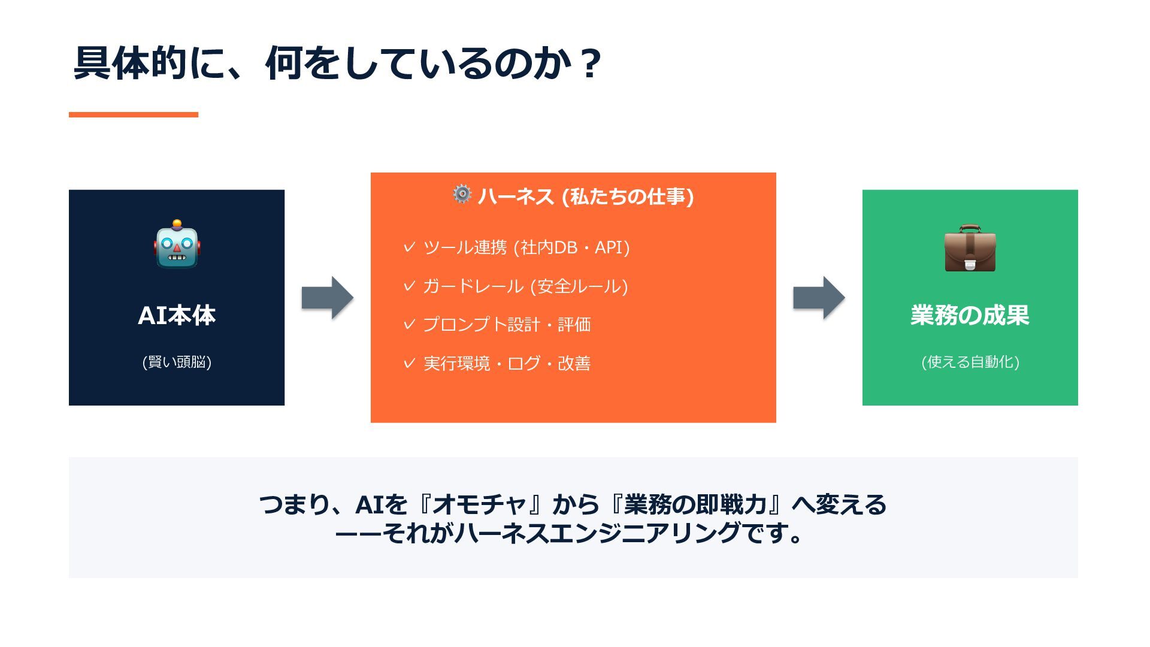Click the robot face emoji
pos(177,244)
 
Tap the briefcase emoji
pos(970,248)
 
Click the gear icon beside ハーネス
pos(462,194)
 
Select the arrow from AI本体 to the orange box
pos(327,298)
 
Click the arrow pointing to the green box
pos(819,298)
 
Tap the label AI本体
pos(177,316)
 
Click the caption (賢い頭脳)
pos(177,362)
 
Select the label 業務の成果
pos(970,316)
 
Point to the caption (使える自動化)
pos(970,362)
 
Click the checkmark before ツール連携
pos(409,247)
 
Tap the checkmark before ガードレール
pos(409,286)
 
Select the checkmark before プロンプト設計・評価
pos(409,324)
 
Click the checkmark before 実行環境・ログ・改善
pos(409,363)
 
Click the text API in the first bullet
pos(609,247)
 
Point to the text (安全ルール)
pos(579,286)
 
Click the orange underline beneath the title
pos(133,114)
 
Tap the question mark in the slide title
pos(591,64)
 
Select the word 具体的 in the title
pos(131,64)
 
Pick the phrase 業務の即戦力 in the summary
pos(695,505)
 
